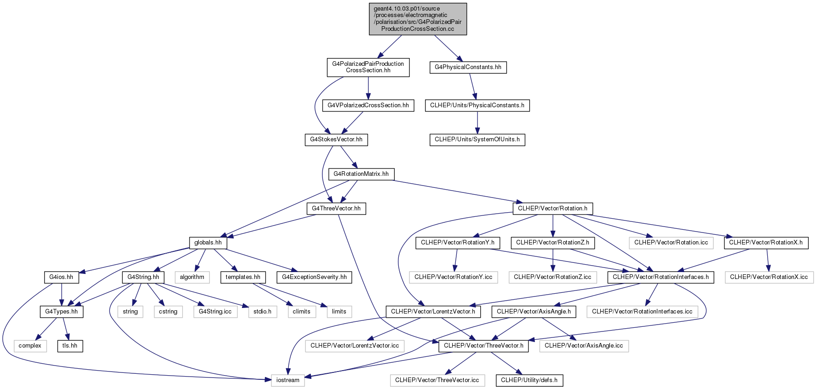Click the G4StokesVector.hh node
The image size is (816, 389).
(336, 139)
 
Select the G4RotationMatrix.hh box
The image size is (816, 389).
(361, 174)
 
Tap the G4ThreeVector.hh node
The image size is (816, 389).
(336, 209)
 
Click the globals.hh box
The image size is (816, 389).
(208, 243)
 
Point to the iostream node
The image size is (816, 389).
(288, 380)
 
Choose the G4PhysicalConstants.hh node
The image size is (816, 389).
(468, 67)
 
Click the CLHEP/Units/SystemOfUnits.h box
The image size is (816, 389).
(477, 139)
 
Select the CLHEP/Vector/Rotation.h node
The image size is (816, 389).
(553, 209)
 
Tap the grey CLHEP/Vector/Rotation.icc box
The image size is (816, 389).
(671, 243)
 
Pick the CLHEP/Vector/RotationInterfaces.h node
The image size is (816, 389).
(661, 277)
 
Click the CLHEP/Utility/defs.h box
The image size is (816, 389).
(529, 380)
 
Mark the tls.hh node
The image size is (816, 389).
(70, 346)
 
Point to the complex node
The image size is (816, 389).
(30, 346)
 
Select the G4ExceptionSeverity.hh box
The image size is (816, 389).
(314, 277)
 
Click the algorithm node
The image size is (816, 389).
(192, 277)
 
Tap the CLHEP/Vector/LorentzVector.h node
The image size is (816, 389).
(433, 312)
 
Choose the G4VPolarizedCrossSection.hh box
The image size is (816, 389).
(368, 105)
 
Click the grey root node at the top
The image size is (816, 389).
(418, 19)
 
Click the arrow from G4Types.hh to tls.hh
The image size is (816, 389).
(66, 329)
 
